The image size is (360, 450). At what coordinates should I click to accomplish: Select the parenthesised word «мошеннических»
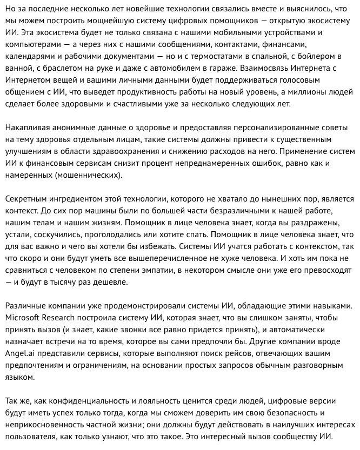point(92,175)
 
